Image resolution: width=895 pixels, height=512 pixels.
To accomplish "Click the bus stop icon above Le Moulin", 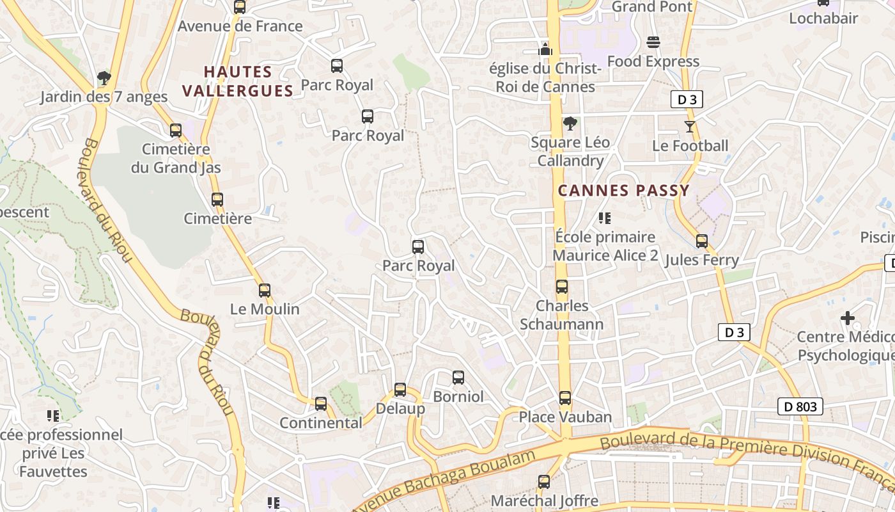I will tap(265, 290).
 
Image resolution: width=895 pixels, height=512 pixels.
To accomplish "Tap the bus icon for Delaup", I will tap(400, 389).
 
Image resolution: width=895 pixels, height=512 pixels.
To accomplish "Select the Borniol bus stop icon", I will tap(458, 378).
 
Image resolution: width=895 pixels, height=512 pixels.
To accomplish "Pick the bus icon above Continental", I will tap(321, 404).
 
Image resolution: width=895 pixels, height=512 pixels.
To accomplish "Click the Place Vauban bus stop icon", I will tap(565, 398).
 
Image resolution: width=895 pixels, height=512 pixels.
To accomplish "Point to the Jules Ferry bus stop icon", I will tap(702, 241).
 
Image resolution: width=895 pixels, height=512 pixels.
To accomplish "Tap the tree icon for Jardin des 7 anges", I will tap(104, 78).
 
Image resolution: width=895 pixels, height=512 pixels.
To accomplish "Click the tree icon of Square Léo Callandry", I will tap(570, 124).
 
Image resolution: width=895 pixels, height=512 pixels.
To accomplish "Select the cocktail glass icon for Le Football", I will tap(690, 127).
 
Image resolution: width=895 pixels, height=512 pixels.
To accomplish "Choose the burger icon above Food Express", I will tap(653, 42).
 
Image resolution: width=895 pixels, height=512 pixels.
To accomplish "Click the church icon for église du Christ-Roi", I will tap(545, 49).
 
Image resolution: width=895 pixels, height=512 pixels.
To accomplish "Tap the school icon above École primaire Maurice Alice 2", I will tap(605, 218).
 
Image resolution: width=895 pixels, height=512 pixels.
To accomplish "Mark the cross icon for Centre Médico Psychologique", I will tap(848, 317).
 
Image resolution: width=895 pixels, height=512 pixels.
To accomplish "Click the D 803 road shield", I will tap(800, 406).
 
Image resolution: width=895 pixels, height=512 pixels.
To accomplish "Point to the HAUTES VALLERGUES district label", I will tap(238, 81).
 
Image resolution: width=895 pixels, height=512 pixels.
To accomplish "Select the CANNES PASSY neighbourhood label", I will tap(624, 190).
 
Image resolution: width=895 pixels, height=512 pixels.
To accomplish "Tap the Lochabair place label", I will tap(823, 19).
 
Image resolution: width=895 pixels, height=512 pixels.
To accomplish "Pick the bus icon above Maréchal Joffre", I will tap(544, 481).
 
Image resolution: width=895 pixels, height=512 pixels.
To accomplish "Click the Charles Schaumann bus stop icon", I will tap(562, 287).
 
